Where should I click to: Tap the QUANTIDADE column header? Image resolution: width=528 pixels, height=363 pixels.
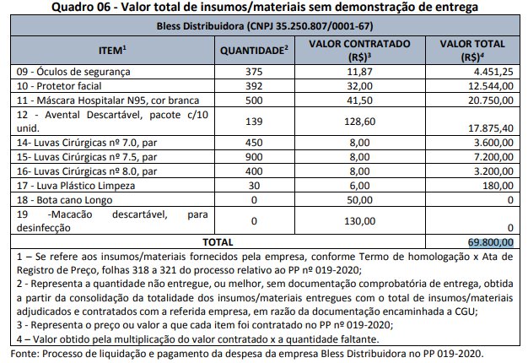click(x=254, y=50)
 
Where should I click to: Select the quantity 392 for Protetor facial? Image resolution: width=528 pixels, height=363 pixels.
click(x=254, y=87)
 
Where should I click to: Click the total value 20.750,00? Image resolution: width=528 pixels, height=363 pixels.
click(x=490, y=101)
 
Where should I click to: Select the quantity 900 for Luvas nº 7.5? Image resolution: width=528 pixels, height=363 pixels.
click(x=254, y=158)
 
